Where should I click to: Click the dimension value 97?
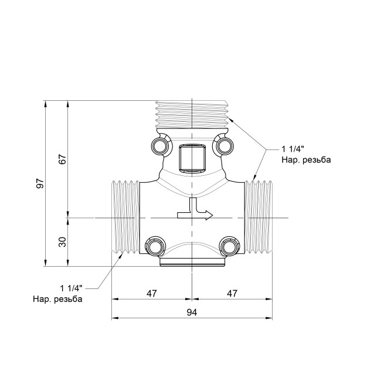click(x=40, y=183)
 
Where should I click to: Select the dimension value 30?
click(x=63, y=241)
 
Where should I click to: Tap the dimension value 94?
click(x=192, y=312)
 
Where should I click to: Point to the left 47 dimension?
click(x=151, y=293)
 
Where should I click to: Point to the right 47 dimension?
click(x=232, y=293)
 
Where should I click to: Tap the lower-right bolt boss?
click(x=227, y=246)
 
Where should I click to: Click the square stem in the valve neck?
click(x=191, y=157)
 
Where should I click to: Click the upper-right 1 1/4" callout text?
click(x=294, y=149)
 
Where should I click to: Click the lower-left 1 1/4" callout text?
click(x=70, y=288)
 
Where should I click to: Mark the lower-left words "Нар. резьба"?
click(x=57, y=299)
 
